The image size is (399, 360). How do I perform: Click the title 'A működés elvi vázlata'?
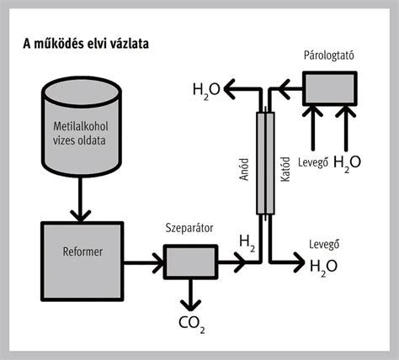(86, 44)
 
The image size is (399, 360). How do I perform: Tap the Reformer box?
(82, 262)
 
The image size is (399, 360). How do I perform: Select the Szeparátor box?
(191, 262)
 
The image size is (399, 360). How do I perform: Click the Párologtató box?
(330, 88)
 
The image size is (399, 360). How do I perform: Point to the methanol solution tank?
(82, 127)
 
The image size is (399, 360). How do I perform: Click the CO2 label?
(192, 324)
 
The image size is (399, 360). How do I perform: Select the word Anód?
(244, 169)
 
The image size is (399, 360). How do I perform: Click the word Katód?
(285, 169)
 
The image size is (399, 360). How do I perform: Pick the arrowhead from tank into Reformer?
(81, 216)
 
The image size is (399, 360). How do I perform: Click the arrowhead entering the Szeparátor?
(158, 262)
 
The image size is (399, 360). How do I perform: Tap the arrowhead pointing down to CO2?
(191, 305)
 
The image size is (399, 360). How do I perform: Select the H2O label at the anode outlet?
(206, 90)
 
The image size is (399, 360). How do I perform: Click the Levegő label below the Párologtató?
(313, 162)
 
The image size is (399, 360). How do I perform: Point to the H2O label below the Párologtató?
(347, 163)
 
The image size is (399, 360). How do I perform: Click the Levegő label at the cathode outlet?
(324, 244)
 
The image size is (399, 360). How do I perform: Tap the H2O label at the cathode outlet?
(323, 267)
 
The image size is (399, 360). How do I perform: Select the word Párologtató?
(329, 56)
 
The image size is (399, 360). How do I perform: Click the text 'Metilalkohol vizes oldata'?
(81, 134)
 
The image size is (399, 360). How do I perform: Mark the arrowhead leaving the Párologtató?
(284, 89)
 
